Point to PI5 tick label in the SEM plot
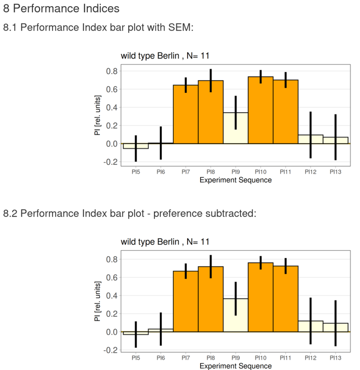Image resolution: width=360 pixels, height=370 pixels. click(x=136, y=172)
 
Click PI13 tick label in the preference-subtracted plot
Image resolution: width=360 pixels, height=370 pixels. click(x=335, y=358)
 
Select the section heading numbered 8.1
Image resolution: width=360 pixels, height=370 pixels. click(x=98, y=27)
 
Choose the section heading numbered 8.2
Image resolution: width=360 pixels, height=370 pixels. click(x=129, y=214)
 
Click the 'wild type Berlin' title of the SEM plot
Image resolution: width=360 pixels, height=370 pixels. click(x=165, y=56)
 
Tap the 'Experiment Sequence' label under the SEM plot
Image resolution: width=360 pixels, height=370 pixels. click(x=235, y=180)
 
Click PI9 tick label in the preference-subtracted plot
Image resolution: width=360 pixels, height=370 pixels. click(x=235, y=358)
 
